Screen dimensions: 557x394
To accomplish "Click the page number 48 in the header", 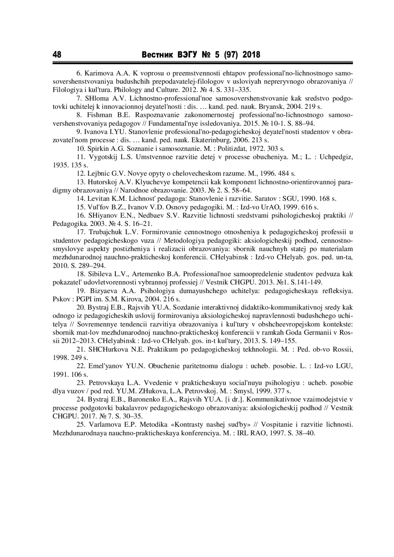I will coord(57,54).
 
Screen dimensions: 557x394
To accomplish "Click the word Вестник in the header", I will coord(157,54).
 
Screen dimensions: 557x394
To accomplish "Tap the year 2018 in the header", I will coord(251,54).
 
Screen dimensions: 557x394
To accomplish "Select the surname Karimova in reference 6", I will coord(99,72).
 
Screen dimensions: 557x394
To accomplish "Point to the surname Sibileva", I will coord(99,274).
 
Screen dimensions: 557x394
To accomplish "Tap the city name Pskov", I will coord(60,299).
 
